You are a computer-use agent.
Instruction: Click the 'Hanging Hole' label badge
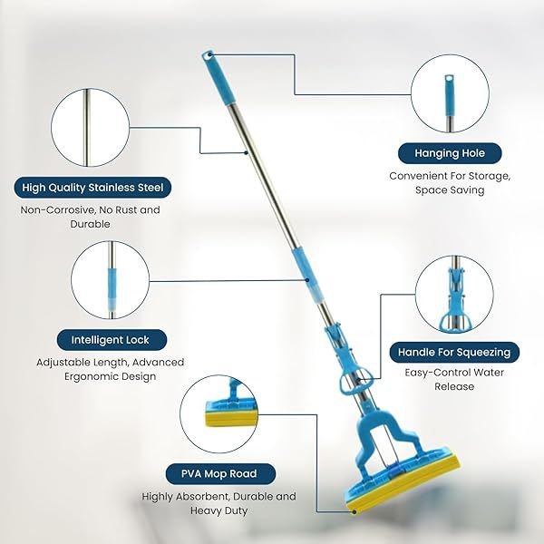[450, 153]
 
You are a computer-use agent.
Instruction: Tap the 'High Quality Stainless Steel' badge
[92, 188]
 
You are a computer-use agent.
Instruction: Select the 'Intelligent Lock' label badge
[112, 340]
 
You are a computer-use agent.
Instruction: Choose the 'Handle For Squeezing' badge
[454, 352]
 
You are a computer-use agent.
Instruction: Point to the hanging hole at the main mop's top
[208, 54]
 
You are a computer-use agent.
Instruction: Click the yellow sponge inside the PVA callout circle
[231, 418]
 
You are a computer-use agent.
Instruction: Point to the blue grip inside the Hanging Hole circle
[450, 95]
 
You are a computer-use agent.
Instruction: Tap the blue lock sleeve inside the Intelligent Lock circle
[112, 288]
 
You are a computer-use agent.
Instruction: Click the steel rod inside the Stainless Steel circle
[87, 128]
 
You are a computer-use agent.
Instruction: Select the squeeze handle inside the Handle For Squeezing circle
[455, 301]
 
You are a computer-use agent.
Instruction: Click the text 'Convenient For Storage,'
[450, 176]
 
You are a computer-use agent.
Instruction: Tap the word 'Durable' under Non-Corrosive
[90, 224]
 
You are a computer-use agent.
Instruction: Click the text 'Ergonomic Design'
[111, 376]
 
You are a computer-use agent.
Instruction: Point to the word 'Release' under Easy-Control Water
[454, 386]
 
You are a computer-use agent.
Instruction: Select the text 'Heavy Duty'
[219, 510]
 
